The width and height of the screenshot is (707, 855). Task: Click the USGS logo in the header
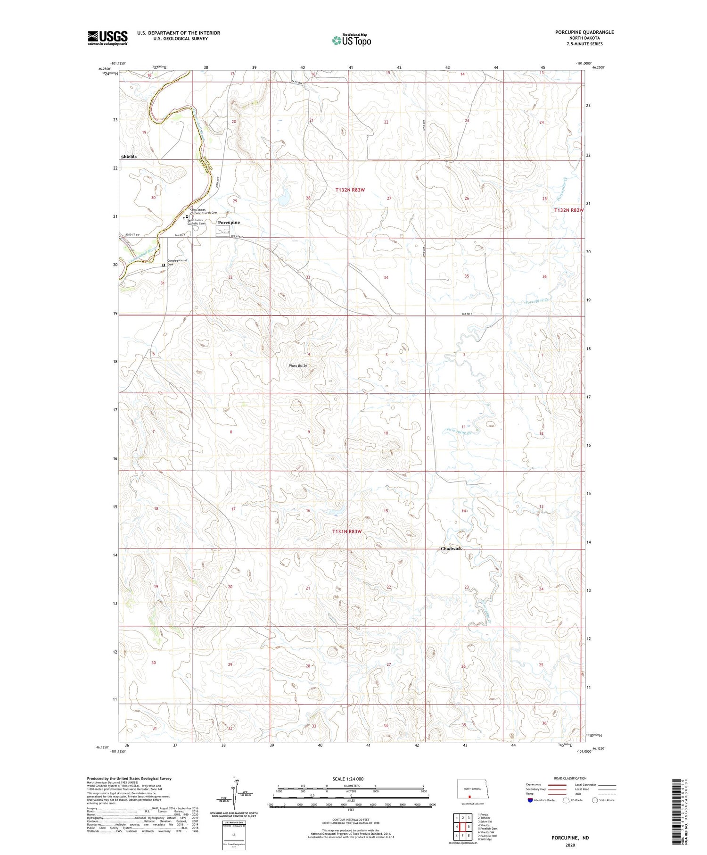(107, 38)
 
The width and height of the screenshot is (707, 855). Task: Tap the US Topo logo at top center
(351, 41)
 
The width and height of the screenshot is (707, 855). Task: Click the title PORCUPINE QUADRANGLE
(584, 32)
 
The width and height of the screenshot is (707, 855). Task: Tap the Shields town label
(129, 157)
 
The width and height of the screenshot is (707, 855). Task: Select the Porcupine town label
(229, 222)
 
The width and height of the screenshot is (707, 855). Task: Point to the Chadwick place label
(451, 549)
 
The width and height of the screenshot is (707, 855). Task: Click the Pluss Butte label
(298, 365)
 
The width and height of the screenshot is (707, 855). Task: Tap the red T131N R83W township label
(347, 531)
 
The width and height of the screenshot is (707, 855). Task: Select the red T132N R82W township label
(568, 210)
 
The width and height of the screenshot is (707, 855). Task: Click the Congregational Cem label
(177, 262)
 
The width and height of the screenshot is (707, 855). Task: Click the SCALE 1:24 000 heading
(351, 779)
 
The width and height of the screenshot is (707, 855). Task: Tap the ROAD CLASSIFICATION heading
(570, 778)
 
